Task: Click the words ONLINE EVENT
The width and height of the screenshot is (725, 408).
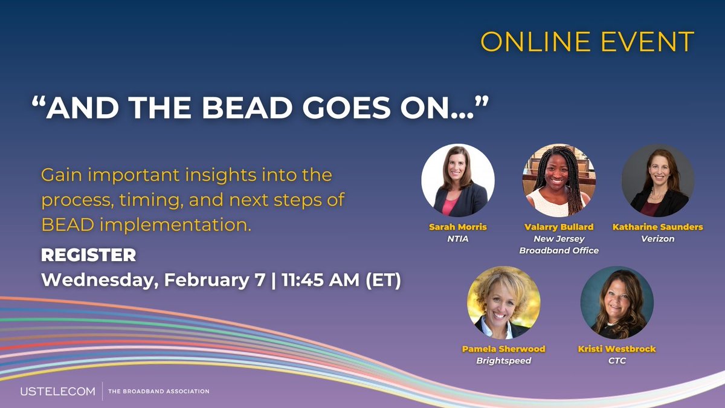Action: pos(587,42)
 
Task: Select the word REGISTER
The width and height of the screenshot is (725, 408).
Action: pos(88,256)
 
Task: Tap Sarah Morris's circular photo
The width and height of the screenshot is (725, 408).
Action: pos(457,181)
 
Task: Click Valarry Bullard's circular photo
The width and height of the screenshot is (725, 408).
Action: pos(559,181)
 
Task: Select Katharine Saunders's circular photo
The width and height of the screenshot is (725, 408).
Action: pos(658,181)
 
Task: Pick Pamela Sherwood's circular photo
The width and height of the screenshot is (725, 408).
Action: pos(503,303)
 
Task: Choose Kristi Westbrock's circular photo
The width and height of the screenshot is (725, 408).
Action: pos(617,303)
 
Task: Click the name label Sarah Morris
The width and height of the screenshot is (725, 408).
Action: pos(458,227)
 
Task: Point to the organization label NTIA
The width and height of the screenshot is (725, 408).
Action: pos(458,239)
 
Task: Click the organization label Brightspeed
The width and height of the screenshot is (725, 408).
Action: pos(503,361)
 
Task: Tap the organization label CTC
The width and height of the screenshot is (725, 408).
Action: pos(617,361)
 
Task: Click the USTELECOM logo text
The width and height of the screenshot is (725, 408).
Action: pos(58,392)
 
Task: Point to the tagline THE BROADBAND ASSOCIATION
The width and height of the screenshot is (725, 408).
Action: pos(158,392)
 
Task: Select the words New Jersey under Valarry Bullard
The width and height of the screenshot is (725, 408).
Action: pos(559,239)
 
